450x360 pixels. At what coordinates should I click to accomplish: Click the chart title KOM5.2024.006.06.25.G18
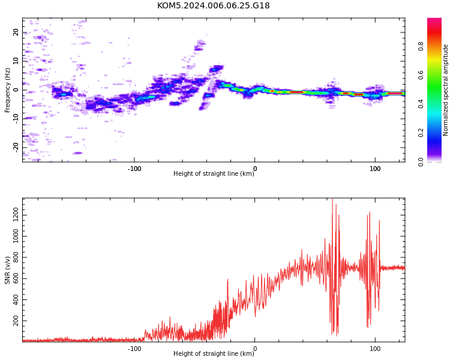pyautogui.click(x=213, y=5)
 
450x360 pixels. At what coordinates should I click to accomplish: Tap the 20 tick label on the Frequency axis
pyautogui.click(x=16, y=32)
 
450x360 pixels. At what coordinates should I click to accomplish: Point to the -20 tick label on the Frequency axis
pyautogui.click(x=16, y=148)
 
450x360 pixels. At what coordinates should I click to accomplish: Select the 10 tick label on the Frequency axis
pyautogui.click(x=16, y=61)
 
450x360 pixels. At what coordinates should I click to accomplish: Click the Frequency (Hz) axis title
pyautogui.click(x=7, y=90)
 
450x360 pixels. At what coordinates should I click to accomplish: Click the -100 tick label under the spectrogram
pyautogui.click(x=134, y=169)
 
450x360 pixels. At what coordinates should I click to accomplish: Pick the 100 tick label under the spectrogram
pyautogui.click(x=375, y=169)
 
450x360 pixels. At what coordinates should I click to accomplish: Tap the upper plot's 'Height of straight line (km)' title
pyautogui.click(x=214, y=173)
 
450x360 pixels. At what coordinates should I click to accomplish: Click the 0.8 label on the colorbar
pyautogui.click(x=421, y=47)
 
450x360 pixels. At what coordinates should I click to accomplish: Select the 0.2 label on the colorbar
pyautogui.click(x=421, y=133)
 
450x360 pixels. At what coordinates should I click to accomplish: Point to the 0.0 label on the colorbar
pyautogui.click(x=421, y=162)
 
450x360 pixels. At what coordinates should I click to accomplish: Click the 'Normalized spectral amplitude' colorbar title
pyautogui.click(x=445, y=90)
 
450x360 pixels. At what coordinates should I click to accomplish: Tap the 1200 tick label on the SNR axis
pyautogui.click(x=16, y=215)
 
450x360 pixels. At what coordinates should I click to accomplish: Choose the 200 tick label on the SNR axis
pyautogui.click(x=16, y=321)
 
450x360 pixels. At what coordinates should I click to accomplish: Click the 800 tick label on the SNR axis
pyautogui.click(x=16, y=257)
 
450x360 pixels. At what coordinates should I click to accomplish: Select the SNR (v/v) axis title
pyautogui.click(x=7, y=270)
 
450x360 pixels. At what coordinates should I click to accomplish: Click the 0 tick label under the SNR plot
pyautogui.click(x=255, y=349)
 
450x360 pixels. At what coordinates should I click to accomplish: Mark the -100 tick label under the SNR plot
pyautogui.click(x=134, y=349)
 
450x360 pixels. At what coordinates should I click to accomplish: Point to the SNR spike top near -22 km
pyautogui.click(x=228, y=279)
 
